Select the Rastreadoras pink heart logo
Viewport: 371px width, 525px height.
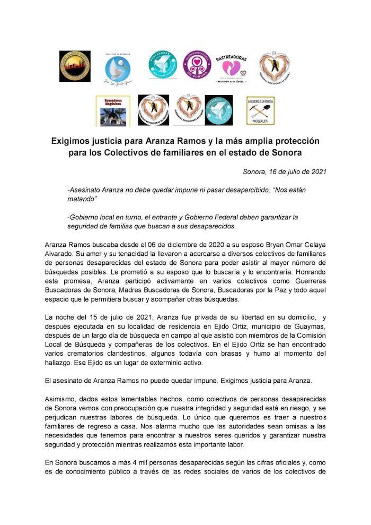[231, 67]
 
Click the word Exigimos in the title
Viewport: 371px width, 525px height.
[74, 142]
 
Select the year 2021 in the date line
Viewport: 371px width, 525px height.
[315, 171]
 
